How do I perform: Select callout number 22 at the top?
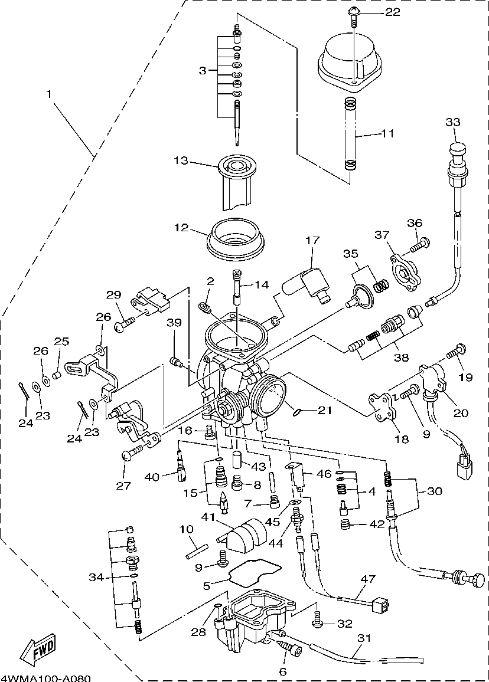(392, 12)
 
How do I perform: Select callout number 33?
(453, 122)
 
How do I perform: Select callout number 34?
(96, 578)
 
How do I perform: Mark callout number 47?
(368, 579)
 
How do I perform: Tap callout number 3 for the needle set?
(203, 70)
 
